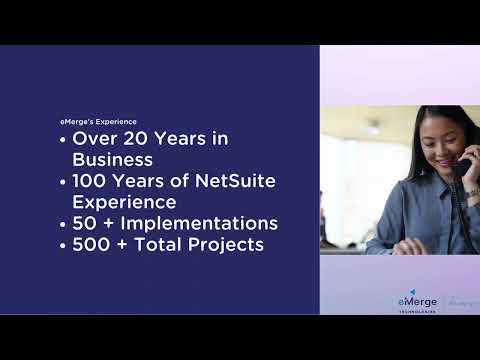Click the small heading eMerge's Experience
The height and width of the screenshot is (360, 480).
point(98,122)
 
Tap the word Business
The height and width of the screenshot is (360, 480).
point(112,160)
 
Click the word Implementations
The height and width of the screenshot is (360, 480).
point(202,223)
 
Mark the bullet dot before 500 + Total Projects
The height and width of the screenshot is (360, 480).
point(64,245)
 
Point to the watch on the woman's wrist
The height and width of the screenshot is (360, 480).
point(471,193)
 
